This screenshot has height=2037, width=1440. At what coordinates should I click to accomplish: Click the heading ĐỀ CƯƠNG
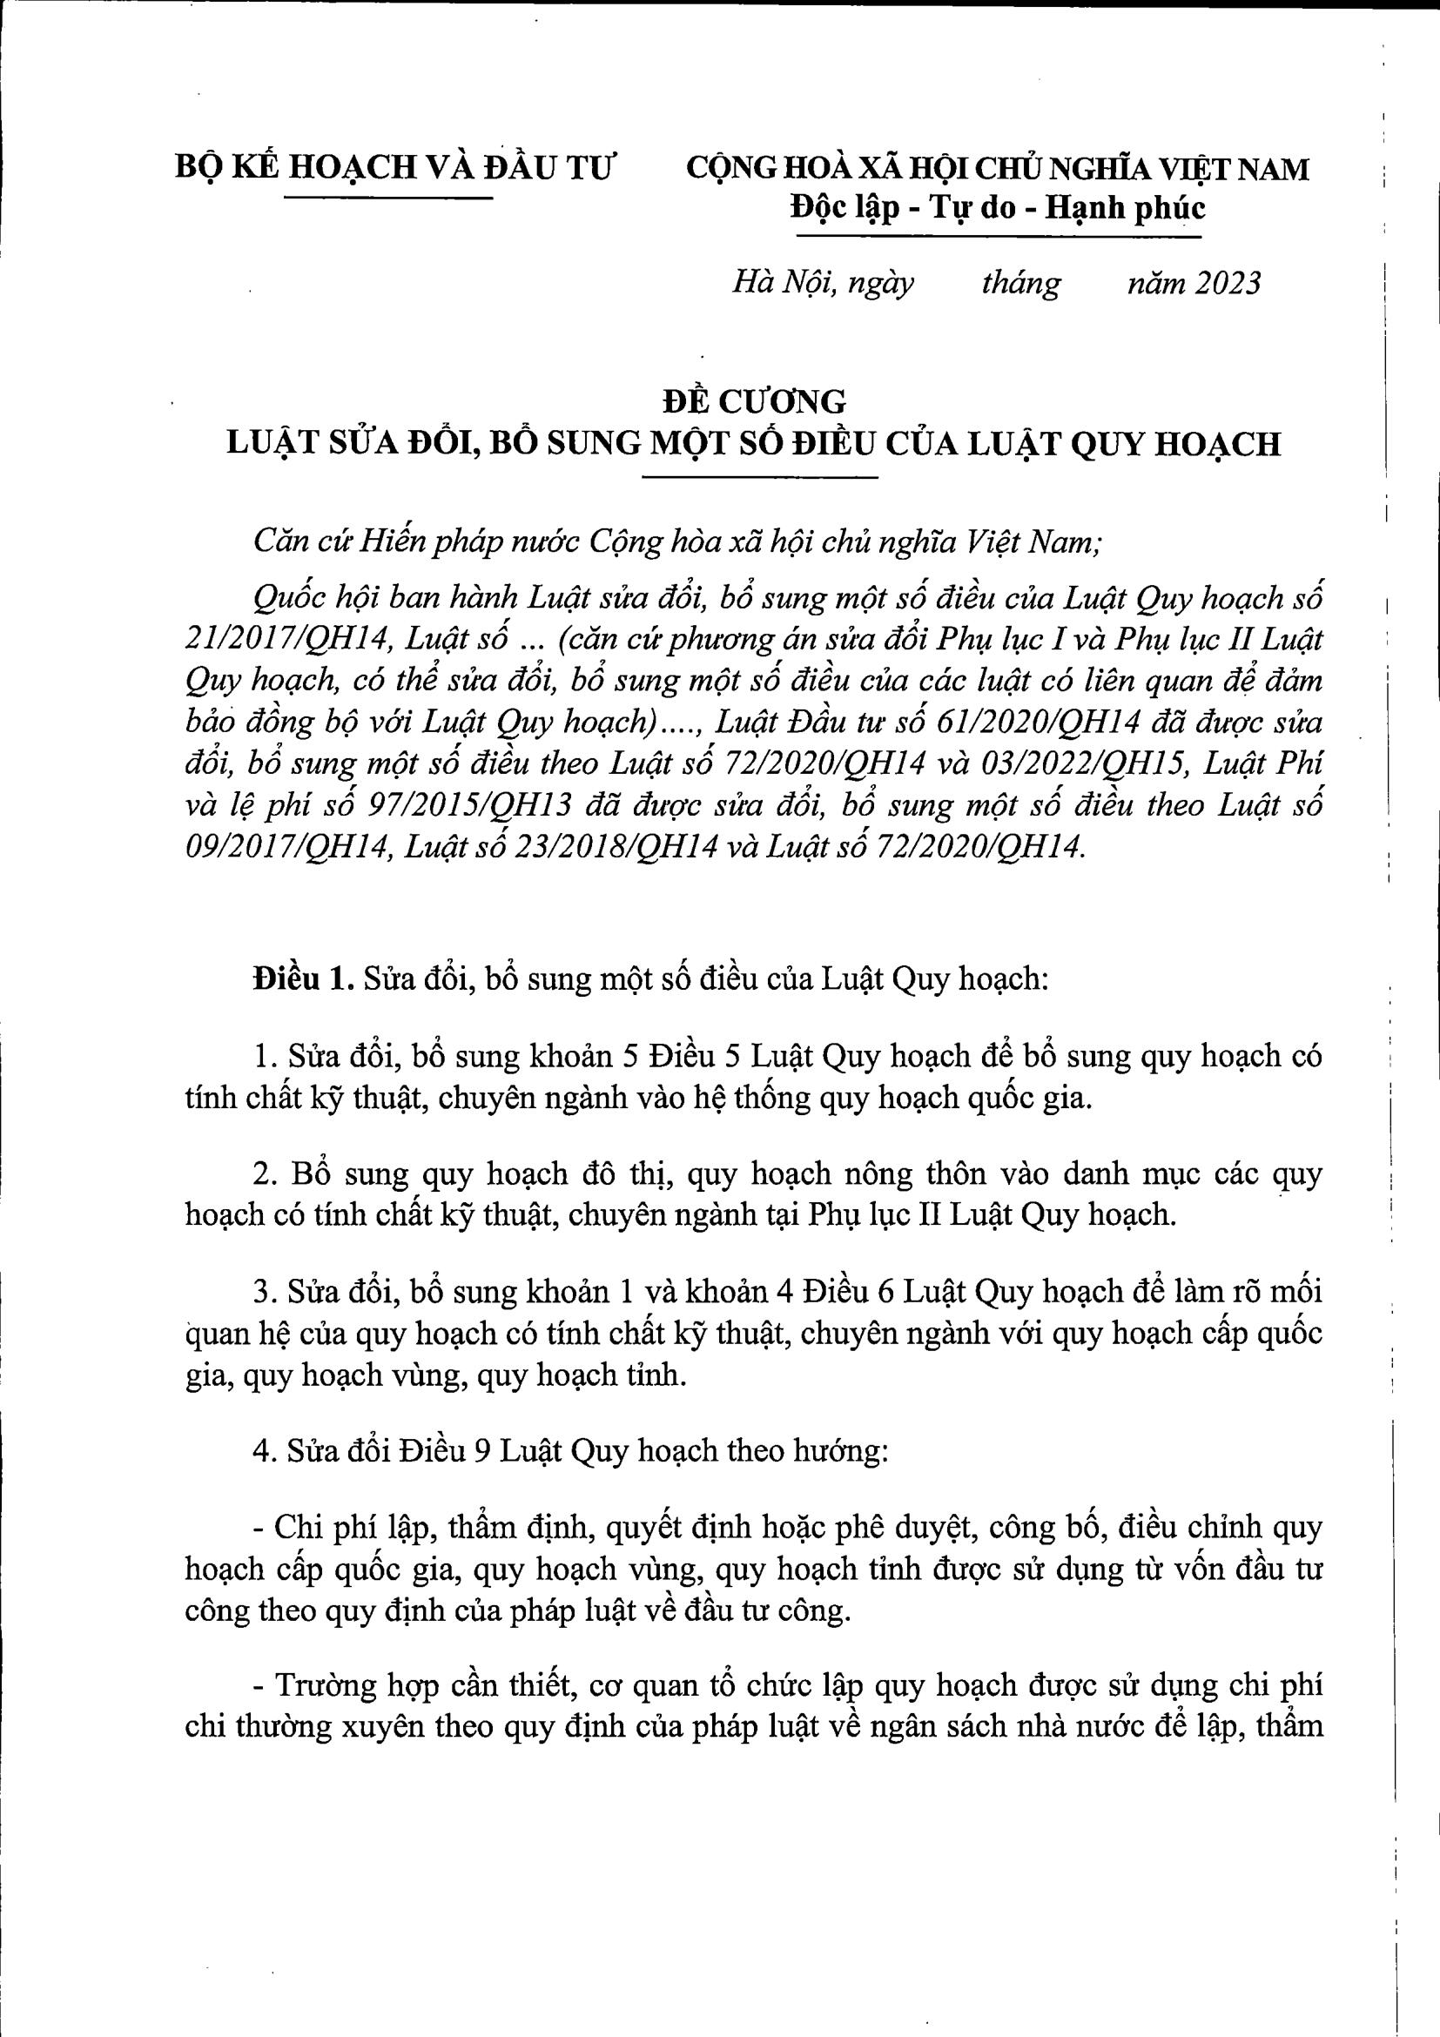[754, 402]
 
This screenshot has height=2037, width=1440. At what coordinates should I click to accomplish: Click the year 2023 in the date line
[1226, 284]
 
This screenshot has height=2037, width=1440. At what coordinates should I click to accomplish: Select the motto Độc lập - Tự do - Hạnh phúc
[998, 210]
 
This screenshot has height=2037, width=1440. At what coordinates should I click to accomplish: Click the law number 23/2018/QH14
[609, 848]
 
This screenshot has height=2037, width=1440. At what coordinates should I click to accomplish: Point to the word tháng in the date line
[1020, 284]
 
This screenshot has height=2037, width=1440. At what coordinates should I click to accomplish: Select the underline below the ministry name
[387, 197]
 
